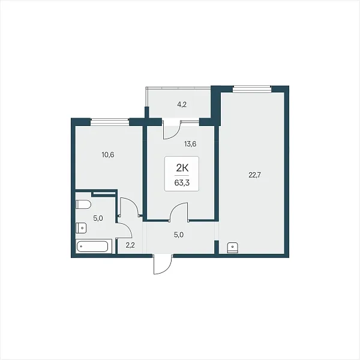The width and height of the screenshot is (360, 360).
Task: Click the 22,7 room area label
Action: coord(255,175)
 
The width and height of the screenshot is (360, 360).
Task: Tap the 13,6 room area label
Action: coord(190,144)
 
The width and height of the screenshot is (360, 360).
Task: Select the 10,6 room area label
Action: coord(108,155)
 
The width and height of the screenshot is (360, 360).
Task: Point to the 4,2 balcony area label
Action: coord(182,104)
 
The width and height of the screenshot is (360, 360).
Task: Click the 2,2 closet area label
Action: coord(130,245)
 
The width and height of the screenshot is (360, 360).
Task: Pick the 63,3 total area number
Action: coord(182,183)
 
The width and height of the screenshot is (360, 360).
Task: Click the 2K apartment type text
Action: coord(182,169)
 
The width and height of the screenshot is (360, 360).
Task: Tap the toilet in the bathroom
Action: coord(83,205)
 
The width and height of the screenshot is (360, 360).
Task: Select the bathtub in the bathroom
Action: coord(93,247)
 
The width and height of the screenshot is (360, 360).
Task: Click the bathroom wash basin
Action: coord(81,228)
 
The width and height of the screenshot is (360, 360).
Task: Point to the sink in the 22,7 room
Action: coord(233,248)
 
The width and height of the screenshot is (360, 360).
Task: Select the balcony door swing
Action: coord(172,130)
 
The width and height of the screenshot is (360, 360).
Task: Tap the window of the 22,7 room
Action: coord(252,89)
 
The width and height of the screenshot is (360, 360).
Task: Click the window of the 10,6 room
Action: coord(110,122)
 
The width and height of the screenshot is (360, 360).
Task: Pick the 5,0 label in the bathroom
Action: coord(98,218)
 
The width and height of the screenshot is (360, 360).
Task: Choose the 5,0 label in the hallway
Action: coord(179,235)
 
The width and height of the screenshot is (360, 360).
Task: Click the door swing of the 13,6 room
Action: coord(179,211)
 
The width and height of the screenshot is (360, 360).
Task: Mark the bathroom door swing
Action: coord(124,230)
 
